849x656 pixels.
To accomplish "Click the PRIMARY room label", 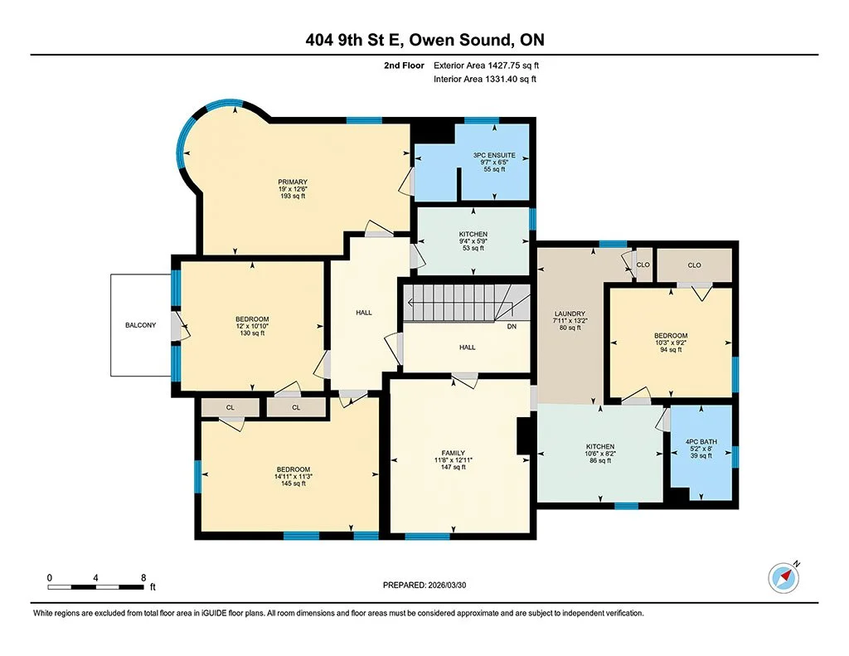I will click(x=293, y=182).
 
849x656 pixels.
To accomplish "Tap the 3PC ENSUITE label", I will click(x=494, y=155).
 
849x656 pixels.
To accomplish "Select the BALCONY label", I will click(x=140, y=325).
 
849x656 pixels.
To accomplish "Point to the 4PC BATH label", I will click(x=701, y=440).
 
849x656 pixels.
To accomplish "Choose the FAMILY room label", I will click(x=458, y=451).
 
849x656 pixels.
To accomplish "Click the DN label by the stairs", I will click(x=511, y=326).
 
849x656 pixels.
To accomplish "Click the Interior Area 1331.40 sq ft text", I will click(x=485, y=79).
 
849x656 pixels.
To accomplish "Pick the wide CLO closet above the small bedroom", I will click(x=694, y=265).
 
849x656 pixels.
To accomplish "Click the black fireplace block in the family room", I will click(x=524, y=436).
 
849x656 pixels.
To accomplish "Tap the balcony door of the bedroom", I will click(x=177, y=326).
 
